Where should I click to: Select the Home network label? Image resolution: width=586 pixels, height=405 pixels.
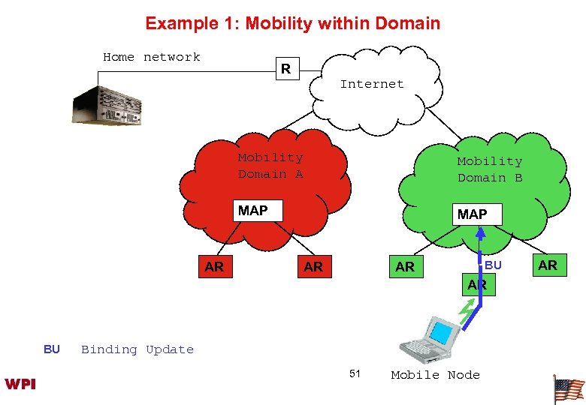(x=151, y=57)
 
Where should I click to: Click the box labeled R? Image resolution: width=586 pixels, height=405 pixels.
(x=285, y=70)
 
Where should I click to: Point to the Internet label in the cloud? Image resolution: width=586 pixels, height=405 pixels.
(x=371, y=84)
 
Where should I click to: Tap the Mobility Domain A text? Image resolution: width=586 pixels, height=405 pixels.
(x=270, y=166)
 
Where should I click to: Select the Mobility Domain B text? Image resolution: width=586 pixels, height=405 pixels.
(x=490, y=169)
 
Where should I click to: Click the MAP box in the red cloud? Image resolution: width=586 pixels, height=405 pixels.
(x=252, y=211)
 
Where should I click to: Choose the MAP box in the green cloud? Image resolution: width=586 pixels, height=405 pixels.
(x=472, y=214)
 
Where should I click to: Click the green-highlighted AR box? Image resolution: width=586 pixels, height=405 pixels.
(x=477, y=285)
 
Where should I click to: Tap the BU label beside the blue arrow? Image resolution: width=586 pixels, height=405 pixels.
(x=493, y=265)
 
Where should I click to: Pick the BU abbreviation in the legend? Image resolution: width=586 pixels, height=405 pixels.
(x=52, y=349)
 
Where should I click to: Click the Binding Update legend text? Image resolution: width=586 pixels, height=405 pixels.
(x=137, y=349)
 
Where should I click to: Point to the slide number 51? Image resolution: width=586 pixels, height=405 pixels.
(x=355, y=373)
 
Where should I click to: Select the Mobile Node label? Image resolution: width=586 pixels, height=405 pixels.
(x=435, y=375)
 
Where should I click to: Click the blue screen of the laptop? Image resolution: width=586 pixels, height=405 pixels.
(x=443, y=331)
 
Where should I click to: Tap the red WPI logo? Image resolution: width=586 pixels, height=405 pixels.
(x=20, y=384)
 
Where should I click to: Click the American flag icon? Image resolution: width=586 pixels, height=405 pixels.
(x=568, y=388)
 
